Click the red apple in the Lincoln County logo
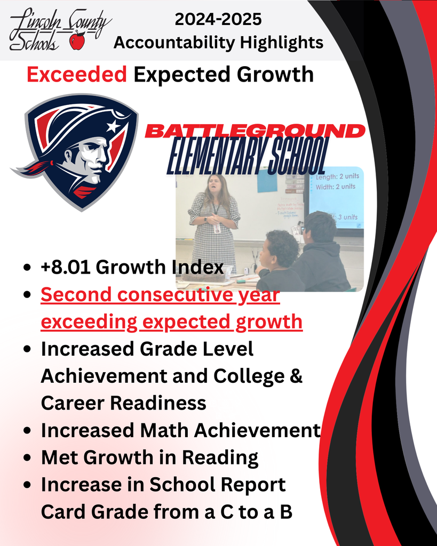point(77,41)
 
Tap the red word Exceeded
point(76,75)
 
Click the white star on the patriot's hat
point(112,126)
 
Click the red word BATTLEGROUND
point(255,131)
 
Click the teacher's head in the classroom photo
point(214,184)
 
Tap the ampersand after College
point(296,376)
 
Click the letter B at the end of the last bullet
point(286,512)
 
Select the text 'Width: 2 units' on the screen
point(336,187)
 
